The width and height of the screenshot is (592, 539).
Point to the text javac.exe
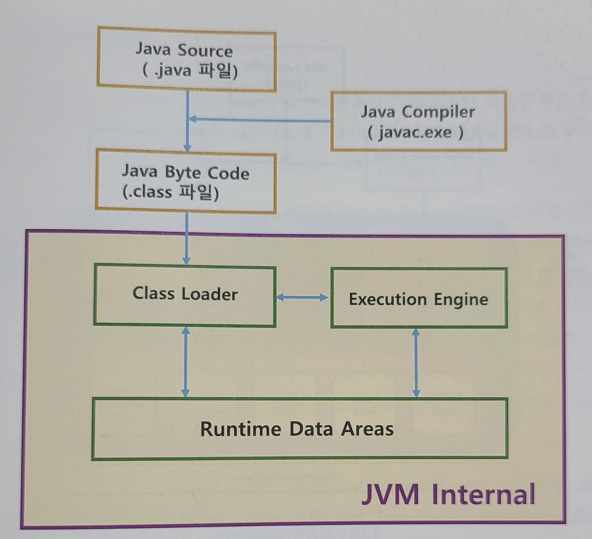415,133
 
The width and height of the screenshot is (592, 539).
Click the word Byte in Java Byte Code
182,172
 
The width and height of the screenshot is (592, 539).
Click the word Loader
209,294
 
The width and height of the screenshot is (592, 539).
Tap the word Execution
387,299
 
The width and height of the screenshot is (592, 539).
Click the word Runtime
241,429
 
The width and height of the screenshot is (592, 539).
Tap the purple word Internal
483,495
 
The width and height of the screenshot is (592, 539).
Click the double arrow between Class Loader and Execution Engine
302,297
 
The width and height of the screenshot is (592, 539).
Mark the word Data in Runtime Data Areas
311,429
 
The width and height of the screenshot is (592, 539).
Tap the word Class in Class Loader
153,293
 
